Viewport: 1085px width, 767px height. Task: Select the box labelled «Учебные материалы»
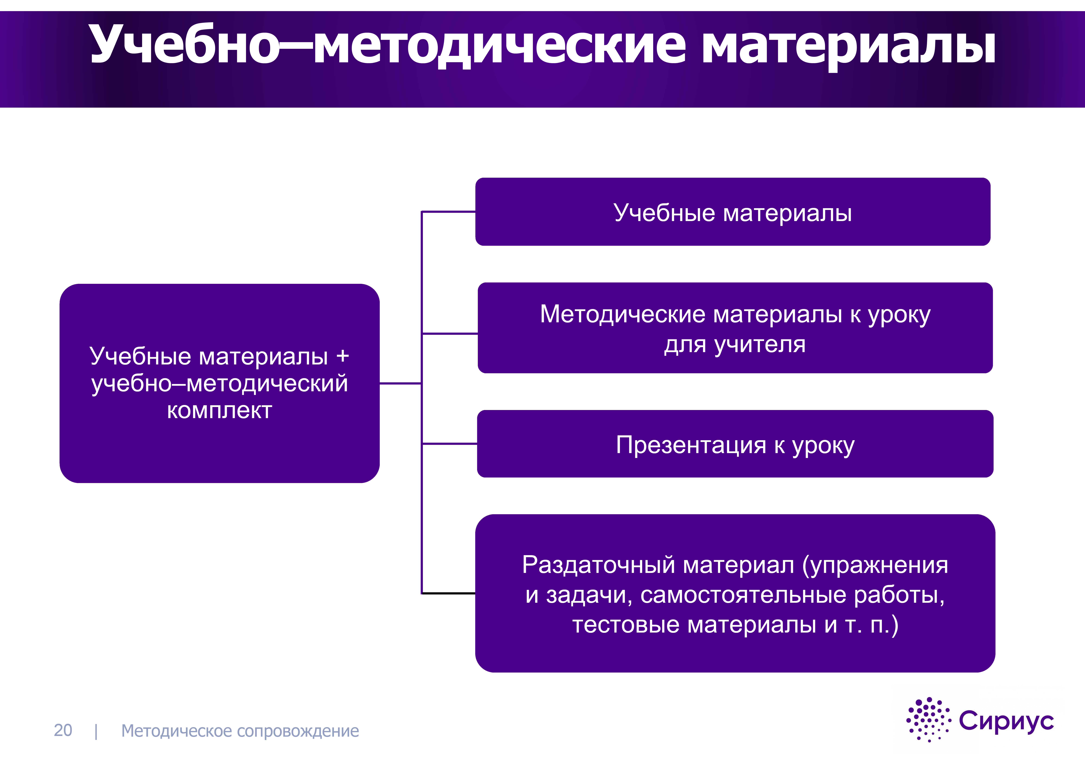click(733, 212)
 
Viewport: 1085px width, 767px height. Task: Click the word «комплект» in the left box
click(219, 410)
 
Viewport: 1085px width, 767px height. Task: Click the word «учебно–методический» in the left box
click(219, 384)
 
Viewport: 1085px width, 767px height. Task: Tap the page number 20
click(63, 730)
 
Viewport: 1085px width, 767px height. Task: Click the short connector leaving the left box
click(400, 384)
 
